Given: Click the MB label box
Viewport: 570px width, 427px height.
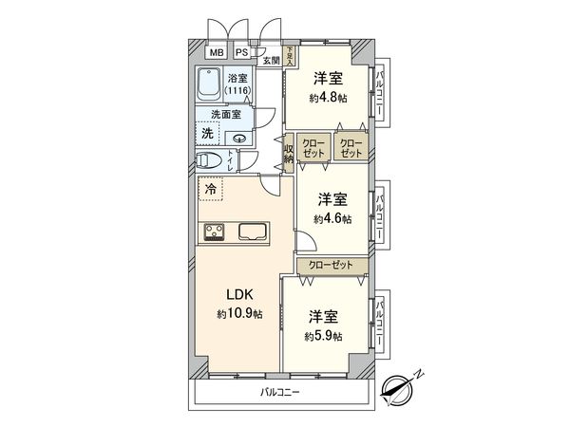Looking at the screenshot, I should pos(217,53).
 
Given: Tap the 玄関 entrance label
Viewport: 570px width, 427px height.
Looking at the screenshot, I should pos(272,60).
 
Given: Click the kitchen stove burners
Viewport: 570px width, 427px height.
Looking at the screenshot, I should pos(211,232).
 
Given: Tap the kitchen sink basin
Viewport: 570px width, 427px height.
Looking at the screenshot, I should pos(253,232).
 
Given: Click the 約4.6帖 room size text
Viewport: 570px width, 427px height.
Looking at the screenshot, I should pos(332,218).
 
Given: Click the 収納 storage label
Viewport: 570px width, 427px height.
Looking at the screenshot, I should pos(289,152).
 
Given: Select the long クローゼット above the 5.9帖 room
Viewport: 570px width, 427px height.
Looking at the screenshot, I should pos(331,266).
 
